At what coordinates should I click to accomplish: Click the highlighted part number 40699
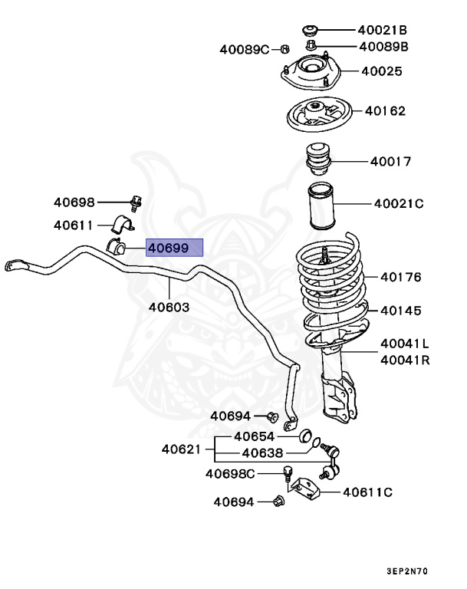point(176,247)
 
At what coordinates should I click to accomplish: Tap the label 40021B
point(382,31)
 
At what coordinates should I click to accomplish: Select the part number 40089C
point(245,49)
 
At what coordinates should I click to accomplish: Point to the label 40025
point(382,71)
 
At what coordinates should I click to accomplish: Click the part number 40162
point(386,111)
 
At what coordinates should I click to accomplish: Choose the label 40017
point(390,162)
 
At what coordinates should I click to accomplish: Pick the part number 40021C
point(399,204)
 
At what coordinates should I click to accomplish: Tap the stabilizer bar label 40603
point(169,307)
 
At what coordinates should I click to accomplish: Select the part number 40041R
point(404,359)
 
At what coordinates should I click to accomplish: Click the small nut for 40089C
point(284,48)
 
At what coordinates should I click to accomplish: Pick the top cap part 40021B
point(311,31)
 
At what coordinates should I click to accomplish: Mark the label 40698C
point(229,473)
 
